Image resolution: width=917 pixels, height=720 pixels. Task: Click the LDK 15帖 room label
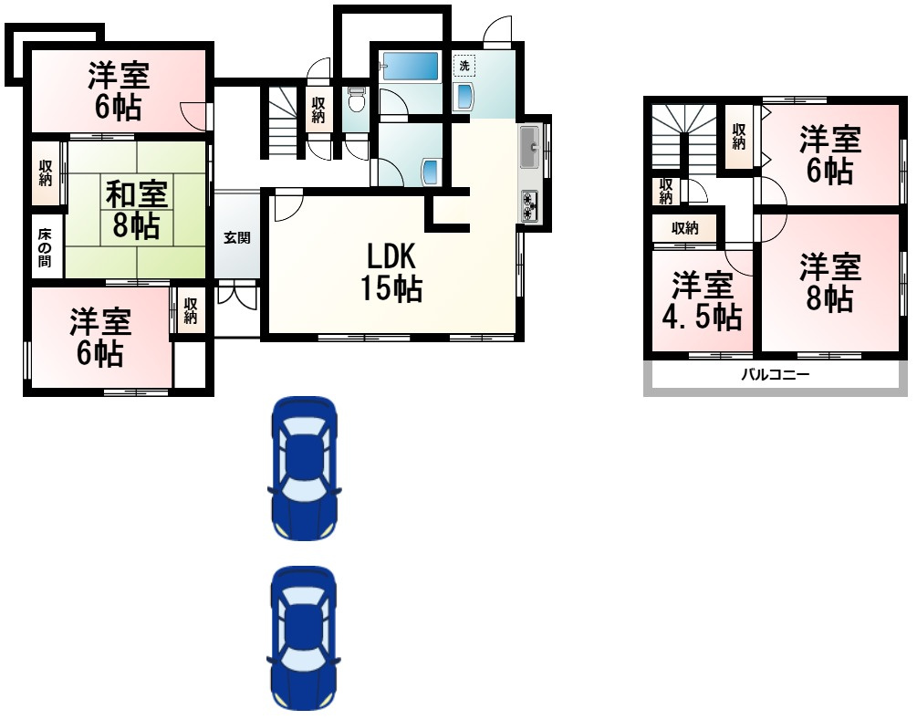pos(391,273)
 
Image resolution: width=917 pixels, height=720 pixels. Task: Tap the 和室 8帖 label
pos(136,209)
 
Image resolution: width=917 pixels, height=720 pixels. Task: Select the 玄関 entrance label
pos(237,238)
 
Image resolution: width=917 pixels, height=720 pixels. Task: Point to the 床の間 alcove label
pos(45,248)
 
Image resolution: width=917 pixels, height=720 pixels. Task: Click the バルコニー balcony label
pos(776,374)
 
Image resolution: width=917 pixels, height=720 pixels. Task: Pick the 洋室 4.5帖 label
pos(702,301)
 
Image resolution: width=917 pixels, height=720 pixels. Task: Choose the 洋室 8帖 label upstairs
pos(829,283)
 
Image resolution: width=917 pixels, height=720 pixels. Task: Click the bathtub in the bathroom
pos(410,66)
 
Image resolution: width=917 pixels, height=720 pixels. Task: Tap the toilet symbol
pos(356,99)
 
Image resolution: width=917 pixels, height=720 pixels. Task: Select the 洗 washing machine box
pos(464,66)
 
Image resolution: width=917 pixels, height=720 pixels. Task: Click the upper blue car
pos(304,468)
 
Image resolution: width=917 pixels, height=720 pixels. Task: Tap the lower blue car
pos(304,638)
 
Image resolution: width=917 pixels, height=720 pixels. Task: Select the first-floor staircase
pos(284,121)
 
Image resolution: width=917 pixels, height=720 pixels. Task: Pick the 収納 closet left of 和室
pos(46,173)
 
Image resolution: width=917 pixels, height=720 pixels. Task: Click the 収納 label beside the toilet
pos(318,110)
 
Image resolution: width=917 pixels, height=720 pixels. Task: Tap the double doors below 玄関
pos(237,294)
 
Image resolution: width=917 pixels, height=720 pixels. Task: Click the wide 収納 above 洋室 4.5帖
pos(684,228)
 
